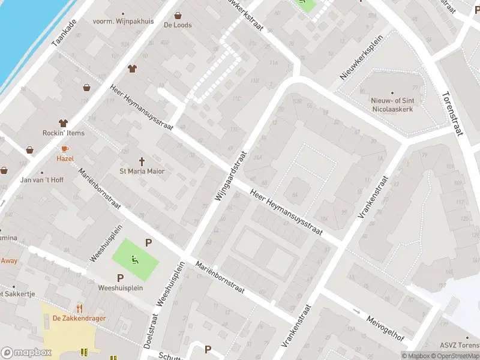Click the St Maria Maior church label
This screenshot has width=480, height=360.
(142, 172)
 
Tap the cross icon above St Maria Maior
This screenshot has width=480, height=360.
(142, 161)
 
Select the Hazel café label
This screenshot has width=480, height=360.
(65, 158)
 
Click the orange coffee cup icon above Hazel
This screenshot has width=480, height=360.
(65, 148)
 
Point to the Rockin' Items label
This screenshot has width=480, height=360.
(63, 133)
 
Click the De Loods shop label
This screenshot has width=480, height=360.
(178, 25)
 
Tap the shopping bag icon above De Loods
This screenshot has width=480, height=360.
(178, 16)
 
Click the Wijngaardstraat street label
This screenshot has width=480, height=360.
(230, 176)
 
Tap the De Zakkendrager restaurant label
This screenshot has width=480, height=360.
(76, 318)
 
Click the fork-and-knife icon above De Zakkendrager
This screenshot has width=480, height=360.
(79, 308)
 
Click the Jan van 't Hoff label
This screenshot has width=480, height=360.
(42, 180)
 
